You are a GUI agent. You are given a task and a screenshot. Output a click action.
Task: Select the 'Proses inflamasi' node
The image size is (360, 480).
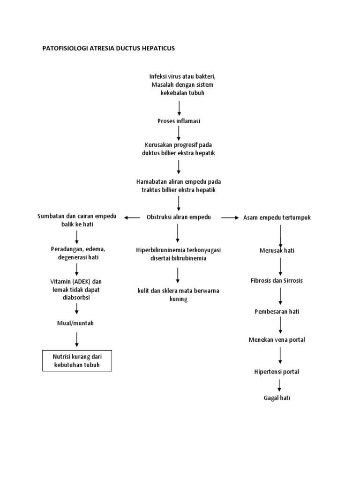179,121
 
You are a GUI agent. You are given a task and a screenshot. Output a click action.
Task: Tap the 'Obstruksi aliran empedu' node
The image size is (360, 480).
179,217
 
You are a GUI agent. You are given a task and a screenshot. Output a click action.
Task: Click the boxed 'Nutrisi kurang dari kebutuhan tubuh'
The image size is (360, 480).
77,361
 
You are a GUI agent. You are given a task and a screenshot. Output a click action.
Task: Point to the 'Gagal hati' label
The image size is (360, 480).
280,398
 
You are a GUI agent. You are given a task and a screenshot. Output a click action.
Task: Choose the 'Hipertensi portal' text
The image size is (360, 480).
280,372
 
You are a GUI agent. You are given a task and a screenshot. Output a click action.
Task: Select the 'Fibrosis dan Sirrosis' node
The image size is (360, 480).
280,280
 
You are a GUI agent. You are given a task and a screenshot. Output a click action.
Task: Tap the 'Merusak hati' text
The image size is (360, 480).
277,250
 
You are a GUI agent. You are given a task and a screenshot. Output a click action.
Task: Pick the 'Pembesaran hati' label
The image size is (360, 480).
280,311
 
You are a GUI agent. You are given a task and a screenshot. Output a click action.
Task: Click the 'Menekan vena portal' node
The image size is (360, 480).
280,339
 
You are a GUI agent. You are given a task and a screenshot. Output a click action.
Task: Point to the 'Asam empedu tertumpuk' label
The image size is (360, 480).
277,217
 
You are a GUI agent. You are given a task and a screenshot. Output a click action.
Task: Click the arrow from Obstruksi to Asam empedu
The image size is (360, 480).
230,217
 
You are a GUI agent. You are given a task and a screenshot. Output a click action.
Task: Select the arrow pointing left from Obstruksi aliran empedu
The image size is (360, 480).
133,217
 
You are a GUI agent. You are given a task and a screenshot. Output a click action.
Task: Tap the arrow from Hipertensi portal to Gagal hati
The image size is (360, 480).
280,385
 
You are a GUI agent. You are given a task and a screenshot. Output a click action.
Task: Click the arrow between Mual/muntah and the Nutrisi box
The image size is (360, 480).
77,339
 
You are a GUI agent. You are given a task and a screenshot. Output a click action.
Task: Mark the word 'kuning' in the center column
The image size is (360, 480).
178,299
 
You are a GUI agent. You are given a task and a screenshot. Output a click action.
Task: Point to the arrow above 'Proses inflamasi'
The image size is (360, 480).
179,107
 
